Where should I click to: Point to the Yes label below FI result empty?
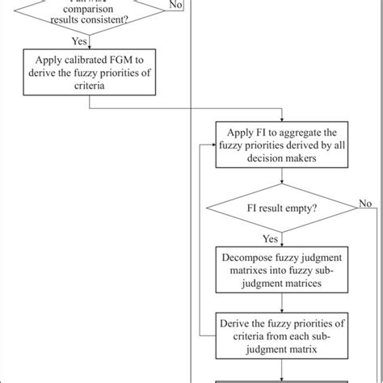270,238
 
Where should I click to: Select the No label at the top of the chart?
175,5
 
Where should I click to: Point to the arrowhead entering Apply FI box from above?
270,120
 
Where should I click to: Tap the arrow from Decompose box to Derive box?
270,304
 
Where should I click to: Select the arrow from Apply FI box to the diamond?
270,182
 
